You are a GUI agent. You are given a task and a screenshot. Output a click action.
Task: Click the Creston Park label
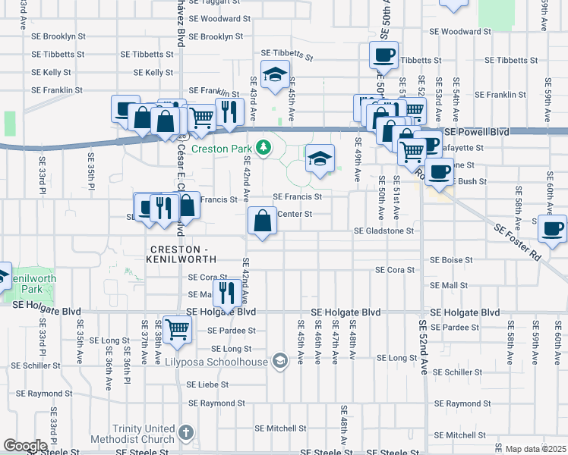pyautogui.click(x=219, y=149)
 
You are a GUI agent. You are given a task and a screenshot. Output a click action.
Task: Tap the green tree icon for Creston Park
pyautogui.click(x=263, y=147)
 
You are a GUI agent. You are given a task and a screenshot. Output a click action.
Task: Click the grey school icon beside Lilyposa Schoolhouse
pyautogui.click(x=280, y=360)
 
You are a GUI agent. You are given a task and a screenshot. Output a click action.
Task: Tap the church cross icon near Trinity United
pyautogui.click(x=185, y=434)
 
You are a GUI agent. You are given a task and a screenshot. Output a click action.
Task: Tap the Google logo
pyautogui.click(x=25, y=446)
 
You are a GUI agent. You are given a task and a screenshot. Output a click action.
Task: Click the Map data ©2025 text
pyautogui.click(x=535, y=449)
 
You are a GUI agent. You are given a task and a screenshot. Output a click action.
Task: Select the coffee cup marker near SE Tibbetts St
pyautogui.click(x=383, y=55)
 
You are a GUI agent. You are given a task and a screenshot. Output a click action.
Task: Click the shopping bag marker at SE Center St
pyautogui.click(x=262, y=221)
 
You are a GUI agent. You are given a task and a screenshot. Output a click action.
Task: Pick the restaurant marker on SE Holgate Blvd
pyautogui.click(x=227, y=292)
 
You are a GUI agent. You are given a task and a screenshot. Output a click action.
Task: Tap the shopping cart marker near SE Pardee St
pyautogui.click(x=177, y=330)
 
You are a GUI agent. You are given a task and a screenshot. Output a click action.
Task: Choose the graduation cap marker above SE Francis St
pyautogui.click(x=320, y=159)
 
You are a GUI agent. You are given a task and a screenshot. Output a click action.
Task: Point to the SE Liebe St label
pyautogui.click(x=207, y=384)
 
